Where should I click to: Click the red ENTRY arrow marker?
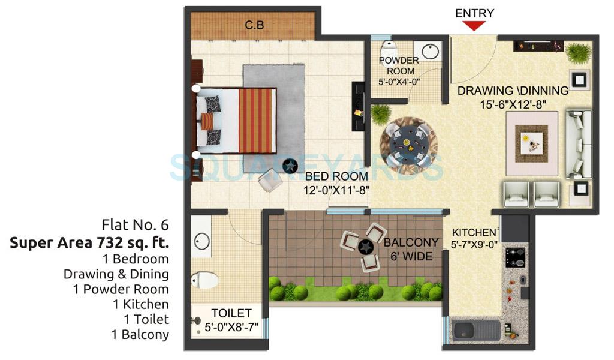pyautogui.click(x=475, y=25)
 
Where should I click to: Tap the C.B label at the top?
pyautogui.click(x=254, y=25)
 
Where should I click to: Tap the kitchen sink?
pyautogui.click(x=477, y=330)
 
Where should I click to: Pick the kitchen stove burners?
pyautogui.click(x=515, y=257)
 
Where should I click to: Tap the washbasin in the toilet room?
pyautogui.click(x=201, y=241)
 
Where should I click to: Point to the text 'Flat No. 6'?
pyautogui.click(x=135, y=226)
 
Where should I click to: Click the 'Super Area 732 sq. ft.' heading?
pyautogui.click(x=89, y=243)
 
